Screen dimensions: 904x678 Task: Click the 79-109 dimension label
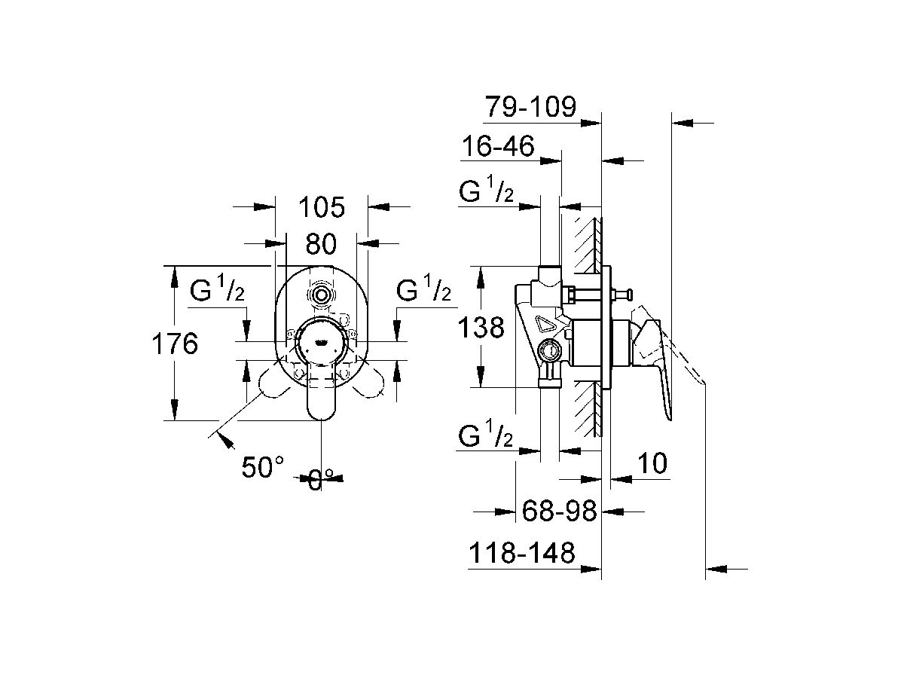(x=531, y=107)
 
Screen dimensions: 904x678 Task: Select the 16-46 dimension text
(x=499, y=145)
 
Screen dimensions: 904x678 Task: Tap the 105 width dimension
(x=322, y=207)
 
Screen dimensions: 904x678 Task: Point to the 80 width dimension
(x=321, y=243)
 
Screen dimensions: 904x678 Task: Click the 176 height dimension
(x=175, y=344)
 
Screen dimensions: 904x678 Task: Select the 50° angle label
(x=263, y=467)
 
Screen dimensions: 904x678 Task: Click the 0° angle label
(x=321, y=480)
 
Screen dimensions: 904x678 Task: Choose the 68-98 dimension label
(x=559, y=512)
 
